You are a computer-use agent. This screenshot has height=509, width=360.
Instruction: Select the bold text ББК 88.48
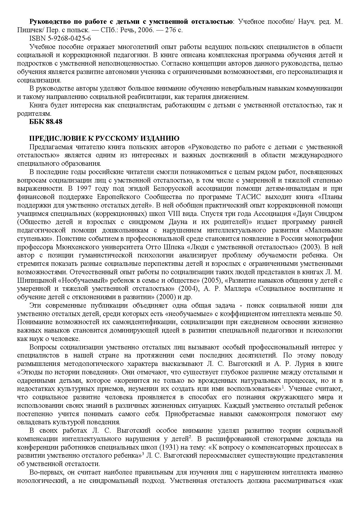pos(46,122)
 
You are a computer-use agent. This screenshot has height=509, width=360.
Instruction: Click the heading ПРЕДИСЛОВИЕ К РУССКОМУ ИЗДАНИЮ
pos(104,138)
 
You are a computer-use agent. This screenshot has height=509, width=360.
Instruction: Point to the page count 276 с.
pos(174,30)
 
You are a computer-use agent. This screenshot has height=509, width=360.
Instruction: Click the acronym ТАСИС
pos(248,197)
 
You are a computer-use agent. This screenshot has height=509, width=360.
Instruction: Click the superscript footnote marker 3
pos(143,454)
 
